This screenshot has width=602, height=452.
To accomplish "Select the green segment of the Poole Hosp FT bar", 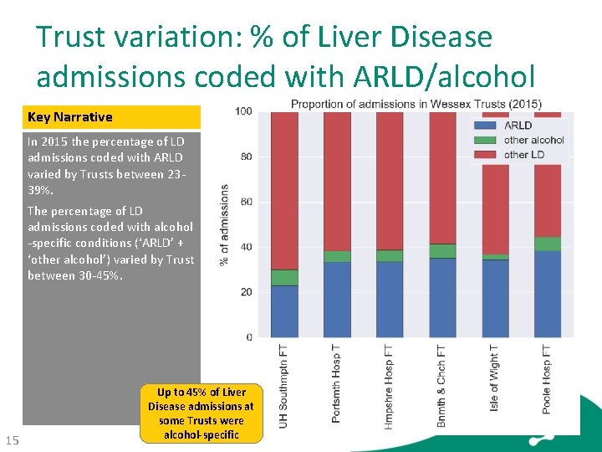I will (547, 244).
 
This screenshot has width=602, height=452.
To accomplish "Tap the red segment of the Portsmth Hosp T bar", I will (337, 181).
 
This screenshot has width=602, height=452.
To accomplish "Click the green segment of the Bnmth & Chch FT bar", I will (442, 251).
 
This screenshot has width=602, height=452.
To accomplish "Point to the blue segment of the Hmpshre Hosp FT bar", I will (390, 299).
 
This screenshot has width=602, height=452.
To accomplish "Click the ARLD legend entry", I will (518, 126).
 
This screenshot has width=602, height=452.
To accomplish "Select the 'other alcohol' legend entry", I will (533, 140).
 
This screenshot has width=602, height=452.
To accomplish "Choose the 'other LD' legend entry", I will (523, 154).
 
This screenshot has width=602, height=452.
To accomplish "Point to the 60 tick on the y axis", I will (244, 202).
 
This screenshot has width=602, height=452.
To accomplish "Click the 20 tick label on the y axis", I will (244, 292).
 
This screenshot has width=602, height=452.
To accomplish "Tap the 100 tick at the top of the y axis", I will (242, 111).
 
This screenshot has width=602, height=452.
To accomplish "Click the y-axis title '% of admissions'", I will (224, 224).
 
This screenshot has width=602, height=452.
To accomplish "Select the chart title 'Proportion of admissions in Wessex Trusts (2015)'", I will (416, 104).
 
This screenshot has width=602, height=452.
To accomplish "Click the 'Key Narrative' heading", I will (70, 117).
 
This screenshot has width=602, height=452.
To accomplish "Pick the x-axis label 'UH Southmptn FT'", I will (284, 387).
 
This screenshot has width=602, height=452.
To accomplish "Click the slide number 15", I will (12, 441).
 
